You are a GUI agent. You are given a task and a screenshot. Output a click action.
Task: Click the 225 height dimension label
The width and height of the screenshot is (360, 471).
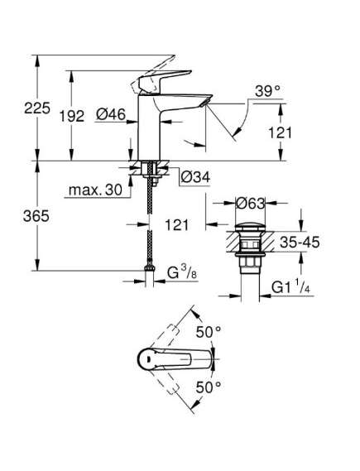click(x=37, y=108)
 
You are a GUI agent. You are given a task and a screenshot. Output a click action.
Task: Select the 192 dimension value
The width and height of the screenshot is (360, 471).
click(x=72, y=116)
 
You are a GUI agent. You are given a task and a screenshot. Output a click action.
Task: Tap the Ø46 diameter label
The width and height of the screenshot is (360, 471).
click(x=111, y=114)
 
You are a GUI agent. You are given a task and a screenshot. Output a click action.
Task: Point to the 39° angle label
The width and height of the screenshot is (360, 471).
click(x=267, y=91)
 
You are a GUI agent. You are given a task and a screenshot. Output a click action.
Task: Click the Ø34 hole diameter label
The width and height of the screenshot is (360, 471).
click(x=195, y=177)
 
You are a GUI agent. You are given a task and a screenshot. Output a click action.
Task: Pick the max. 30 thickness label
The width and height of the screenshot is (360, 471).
click(x=95, y=190)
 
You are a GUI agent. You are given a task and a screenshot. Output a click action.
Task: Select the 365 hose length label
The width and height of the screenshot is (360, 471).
click(x=36, y=216)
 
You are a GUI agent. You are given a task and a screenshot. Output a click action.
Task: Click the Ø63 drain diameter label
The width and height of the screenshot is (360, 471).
click(x=251, y=204)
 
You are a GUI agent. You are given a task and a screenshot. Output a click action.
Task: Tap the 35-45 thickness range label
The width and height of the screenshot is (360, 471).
click(x=300, y=242)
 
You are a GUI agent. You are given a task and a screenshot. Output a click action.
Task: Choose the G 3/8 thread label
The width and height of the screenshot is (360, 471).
click(x=182, y=273)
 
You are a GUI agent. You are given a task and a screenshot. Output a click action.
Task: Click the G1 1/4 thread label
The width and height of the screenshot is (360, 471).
click(x=290, y=287)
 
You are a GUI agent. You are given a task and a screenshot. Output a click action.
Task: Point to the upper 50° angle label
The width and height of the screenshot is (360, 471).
click(x=209, y=332)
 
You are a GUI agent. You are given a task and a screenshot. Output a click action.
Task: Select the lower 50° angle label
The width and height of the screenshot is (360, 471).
click(x=209, y=387)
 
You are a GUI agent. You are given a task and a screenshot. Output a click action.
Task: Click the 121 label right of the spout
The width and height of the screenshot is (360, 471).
click(x=280, y=132)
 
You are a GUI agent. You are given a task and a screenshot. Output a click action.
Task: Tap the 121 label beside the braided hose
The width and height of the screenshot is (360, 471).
click(x=177, y=224)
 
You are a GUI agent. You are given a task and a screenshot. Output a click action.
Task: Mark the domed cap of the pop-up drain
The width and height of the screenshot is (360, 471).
click(x=251, y=227)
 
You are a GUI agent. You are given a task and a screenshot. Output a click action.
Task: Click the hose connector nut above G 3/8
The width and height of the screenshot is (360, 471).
click(x=149, y=268)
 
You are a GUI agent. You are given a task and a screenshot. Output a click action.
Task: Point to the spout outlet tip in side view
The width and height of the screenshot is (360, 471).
click(x=205, y=102)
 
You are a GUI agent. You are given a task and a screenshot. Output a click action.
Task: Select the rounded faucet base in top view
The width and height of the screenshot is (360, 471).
click(x=147, y=359)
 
